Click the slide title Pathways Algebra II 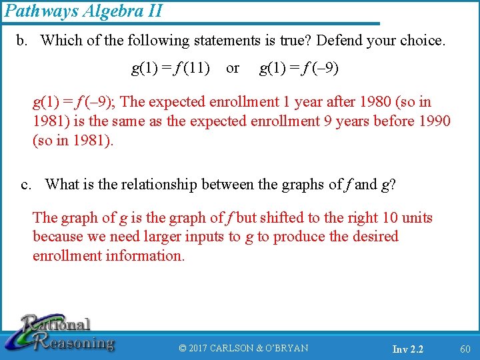(83, 11)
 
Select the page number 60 (465, 349)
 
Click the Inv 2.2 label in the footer (407, 349)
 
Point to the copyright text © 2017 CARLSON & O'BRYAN (244, 348)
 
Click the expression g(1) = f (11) (171, 67)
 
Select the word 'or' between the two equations (233, 67)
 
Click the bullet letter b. (22, 40)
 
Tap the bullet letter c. (25, 185)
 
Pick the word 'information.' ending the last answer (147, 255)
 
